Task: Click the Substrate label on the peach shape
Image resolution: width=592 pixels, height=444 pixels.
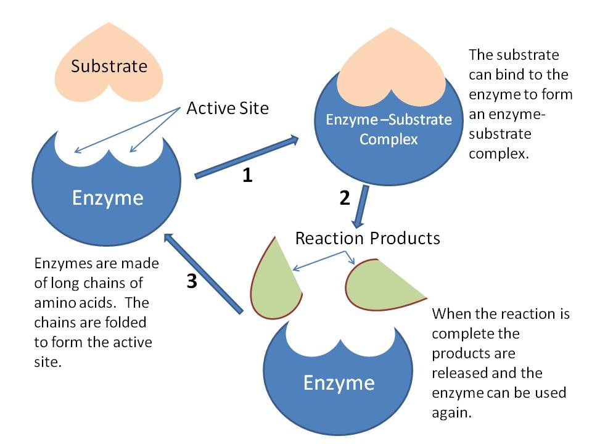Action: coord(109,66)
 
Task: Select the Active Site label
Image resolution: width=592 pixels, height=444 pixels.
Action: coord(228,109)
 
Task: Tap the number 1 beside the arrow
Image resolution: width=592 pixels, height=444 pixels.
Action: coord(247,176)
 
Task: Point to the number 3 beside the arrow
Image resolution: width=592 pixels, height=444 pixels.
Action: coord(192,281)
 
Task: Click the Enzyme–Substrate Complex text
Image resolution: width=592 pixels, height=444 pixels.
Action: coord(388,129)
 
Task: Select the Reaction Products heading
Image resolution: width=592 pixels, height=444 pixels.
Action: coord(368,238)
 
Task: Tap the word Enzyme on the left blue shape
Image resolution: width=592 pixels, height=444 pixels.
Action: coord(107,198)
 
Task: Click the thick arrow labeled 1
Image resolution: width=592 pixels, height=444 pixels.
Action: coord(247,157)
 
